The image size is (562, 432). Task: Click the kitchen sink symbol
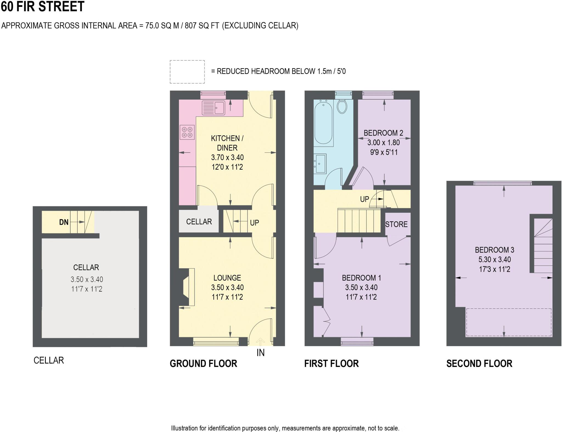pos(213,108)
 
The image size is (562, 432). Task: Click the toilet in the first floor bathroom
pos(342,106)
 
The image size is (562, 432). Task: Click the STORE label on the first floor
pos(396,224)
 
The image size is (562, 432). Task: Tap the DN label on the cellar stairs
pos(64,222)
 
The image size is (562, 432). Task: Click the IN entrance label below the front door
pos(260,353)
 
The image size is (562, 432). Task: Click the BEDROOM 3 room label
pos(494,250)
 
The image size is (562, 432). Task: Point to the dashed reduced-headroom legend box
pos(187,72)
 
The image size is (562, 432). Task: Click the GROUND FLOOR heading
pos(203,363)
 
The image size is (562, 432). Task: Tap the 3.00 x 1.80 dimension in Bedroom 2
pos(383,142)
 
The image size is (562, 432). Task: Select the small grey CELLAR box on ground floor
pos(199,221)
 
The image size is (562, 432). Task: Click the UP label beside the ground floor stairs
pos(254,223)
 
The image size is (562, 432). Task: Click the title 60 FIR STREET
pos(43,7)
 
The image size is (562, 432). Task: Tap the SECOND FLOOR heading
pos(479,363)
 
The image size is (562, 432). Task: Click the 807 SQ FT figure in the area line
pos(202,26)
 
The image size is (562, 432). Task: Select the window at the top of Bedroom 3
pos(502,183)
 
